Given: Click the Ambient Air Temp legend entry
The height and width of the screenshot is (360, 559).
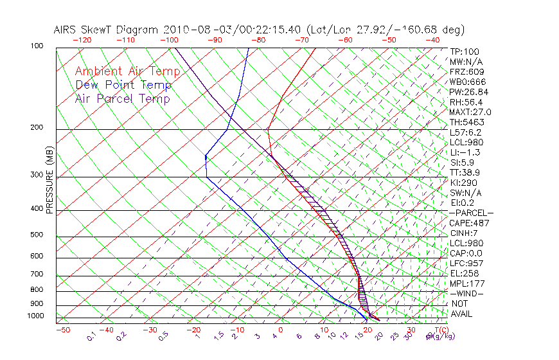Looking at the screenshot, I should tap(127, 71).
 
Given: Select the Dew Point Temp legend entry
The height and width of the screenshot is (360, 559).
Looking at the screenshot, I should tap(123, 85).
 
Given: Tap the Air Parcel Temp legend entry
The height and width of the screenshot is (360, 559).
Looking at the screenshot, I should tap(122, 98).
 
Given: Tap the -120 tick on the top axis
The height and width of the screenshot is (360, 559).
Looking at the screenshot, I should tap(82, 39).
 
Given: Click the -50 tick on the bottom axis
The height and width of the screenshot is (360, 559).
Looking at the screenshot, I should tap(62, 330).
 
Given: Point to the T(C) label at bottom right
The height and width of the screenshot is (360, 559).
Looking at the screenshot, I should tap(439, 330).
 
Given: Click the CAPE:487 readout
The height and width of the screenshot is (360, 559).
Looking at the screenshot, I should tap(470, 223).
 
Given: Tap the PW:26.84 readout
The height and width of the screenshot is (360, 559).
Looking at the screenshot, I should tap(469, 92).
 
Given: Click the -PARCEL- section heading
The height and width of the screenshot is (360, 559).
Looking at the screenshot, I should tap(471, 213).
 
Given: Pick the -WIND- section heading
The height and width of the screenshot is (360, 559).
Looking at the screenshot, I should tap(467, 293).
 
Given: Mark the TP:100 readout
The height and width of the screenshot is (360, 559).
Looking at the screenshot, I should tap(465, 51).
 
